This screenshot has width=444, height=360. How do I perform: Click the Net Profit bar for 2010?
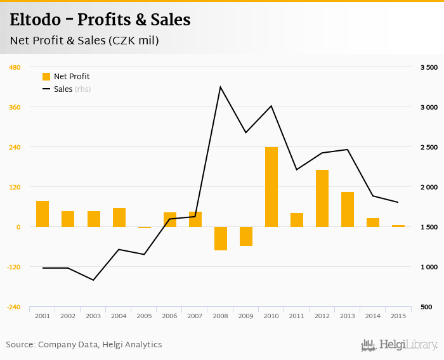(x=271, y=187)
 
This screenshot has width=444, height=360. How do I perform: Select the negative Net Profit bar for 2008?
(x=220, y=238)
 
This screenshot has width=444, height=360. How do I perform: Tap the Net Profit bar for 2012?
(x=322, y=198)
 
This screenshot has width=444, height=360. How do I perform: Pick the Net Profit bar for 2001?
(x=42, y=214)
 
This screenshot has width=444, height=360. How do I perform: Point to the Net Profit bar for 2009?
(x=245, y=236)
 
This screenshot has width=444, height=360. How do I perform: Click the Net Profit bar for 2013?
(x=347, y=209)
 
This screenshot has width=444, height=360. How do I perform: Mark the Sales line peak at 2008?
(x=220, y=87)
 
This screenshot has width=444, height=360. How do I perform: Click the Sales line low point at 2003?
(x=93, y=280)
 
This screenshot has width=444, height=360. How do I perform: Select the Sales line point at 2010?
(x=271, y=106)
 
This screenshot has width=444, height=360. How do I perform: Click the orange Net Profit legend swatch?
(x=46, y=77)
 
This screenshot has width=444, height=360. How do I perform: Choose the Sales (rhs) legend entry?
(x=66, y=89)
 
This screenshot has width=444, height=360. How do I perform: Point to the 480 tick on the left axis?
(x=14, y=67)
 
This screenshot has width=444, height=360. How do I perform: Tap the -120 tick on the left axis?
(x=13, y=267)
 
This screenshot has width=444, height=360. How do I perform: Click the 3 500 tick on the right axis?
(x=429, y=67)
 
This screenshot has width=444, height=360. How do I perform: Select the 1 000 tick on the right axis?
(x=429, y=267)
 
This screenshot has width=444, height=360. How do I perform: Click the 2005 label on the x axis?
(x=144, y=316)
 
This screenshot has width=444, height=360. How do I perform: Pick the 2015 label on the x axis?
(x=398, y=316)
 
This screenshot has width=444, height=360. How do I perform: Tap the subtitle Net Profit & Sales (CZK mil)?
(x=84, y=41)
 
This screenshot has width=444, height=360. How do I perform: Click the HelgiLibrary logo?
(x=400, y=345)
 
